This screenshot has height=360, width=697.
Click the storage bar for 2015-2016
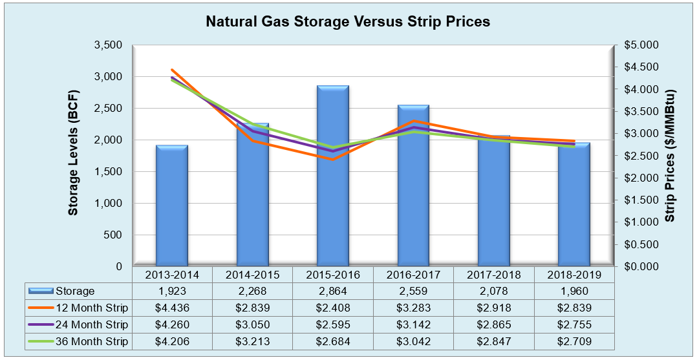[332, 176]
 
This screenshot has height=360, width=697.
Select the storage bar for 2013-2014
[171, 206]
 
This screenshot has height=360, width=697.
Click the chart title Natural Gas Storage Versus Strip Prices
[348, 21]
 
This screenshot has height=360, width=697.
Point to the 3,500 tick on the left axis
[109, 45]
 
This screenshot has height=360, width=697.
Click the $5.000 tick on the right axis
[640, 45]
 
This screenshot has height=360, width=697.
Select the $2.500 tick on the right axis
[640, 156]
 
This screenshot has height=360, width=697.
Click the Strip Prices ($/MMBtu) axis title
[670, 156]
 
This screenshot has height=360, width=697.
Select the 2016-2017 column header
[413, 274]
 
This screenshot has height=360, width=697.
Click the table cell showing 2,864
[332, 291]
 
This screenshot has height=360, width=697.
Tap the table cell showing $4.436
[171, 308]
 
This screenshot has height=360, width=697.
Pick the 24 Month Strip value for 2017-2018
[493, 324]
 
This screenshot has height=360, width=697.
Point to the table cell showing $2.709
[574, 341]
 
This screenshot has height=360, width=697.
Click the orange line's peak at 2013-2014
[172, 70]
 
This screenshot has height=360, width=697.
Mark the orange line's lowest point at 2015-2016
[332, 160]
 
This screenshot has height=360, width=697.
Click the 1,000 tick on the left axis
[109, 203]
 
